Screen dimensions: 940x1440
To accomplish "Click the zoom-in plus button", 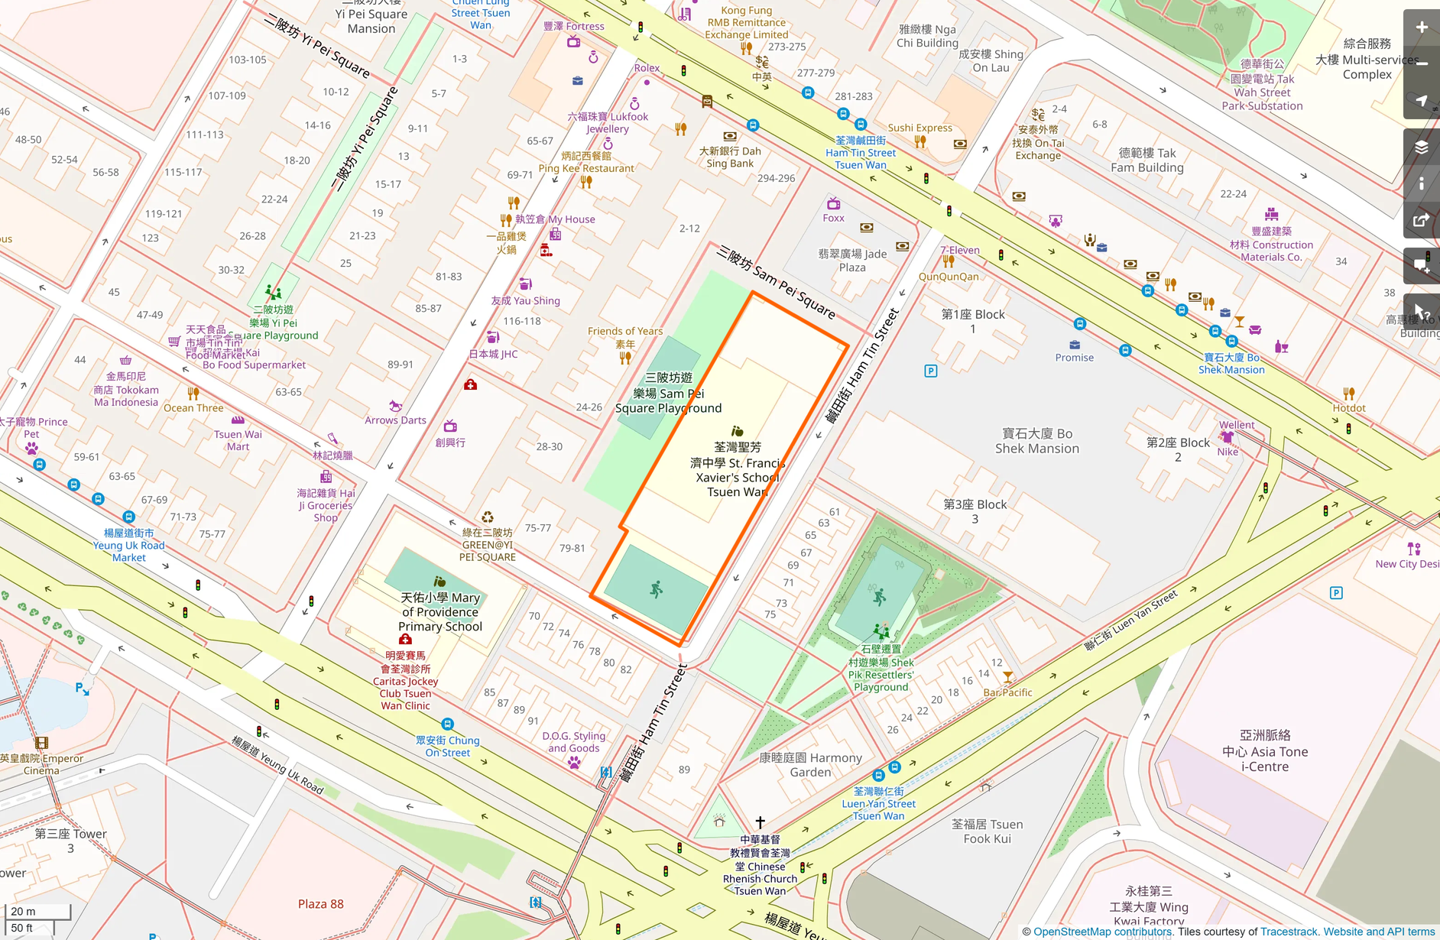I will (x=1421, y=28).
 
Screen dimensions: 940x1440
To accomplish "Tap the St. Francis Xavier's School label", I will (x=737, y=469).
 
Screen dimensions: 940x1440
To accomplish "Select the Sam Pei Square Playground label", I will (x=669, y=393).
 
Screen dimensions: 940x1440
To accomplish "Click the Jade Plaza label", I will (x=852, y=260).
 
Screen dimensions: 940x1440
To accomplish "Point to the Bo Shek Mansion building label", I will (x=1036, y=441).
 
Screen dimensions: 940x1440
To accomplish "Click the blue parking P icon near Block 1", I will (x=930, y=371).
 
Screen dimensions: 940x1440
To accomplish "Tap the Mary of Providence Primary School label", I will (x=440, y=612).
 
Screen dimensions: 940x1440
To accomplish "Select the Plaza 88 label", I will (x=320, y=904).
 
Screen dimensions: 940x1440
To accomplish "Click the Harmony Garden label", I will (x=810, y=765).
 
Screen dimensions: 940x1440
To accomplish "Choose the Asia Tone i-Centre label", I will (x=1264, y=751).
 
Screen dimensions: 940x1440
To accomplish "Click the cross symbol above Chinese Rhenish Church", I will (x=760, y=822).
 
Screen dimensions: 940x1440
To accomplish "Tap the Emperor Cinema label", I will (x=41, y=764).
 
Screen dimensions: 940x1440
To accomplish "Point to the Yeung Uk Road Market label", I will (x=128, y=545).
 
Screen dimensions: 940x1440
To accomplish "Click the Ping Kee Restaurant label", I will (x=586, y=162).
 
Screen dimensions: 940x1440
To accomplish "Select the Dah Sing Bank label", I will (x=730, y=157).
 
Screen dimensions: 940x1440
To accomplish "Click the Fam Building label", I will (x=1146, y=160).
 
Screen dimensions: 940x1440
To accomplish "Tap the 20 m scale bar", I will (x=37, y=911).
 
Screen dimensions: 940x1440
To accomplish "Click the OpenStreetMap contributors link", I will (x=1101, y=932).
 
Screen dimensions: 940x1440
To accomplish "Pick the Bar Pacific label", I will (x=1007, y=692).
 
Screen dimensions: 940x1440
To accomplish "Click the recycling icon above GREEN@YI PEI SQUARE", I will (x=487, y=517).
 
